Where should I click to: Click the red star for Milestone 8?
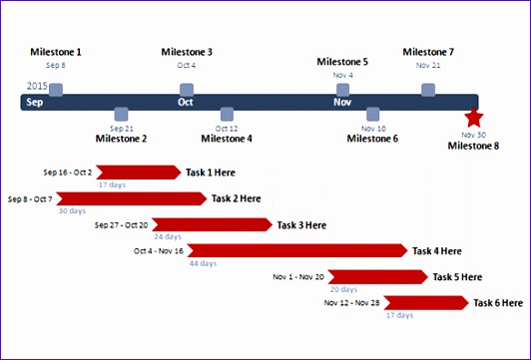(473, 117)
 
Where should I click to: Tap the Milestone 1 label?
(56, 52)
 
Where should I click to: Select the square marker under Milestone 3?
(187, 90)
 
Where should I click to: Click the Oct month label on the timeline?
(186, 102)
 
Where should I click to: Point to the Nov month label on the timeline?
(342, 102)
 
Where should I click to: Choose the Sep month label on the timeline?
(35, 102)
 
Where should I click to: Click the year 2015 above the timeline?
(37, 87)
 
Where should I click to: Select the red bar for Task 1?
(139, 173)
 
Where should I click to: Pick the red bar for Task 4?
(296, 251)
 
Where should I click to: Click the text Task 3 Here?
(301, 225)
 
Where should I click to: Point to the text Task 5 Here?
(457, 277)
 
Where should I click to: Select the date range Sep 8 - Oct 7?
(30, 199)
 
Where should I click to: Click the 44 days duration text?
(203, 263)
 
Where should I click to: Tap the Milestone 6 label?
(372, 139)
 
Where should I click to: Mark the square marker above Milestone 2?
(122, 114)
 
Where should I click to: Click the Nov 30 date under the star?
(473, 134)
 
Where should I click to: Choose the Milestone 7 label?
(428, 52)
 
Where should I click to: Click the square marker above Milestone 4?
(227, 114)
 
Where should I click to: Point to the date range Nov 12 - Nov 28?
(352, 303)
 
